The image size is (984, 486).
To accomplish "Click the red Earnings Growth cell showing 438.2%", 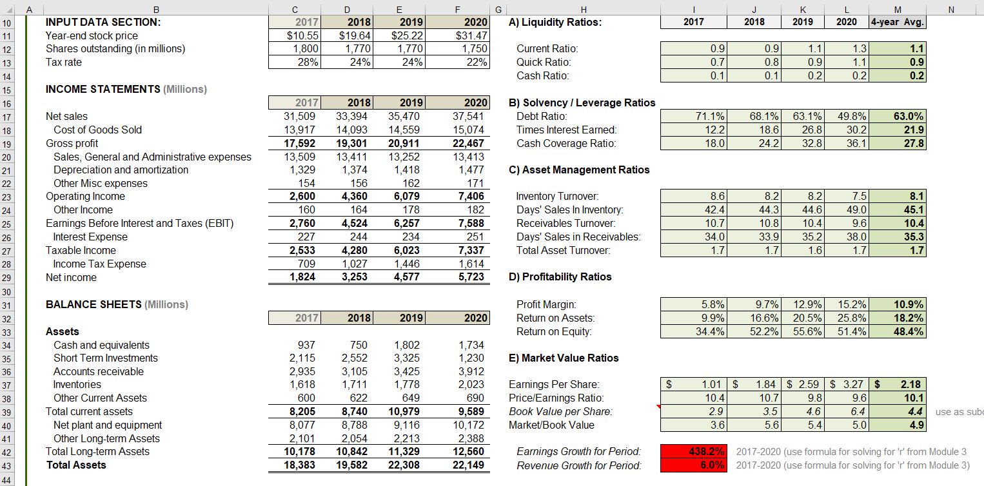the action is click(694, 451).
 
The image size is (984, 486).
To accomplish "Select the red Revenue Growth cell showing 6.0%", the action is click(694, 465).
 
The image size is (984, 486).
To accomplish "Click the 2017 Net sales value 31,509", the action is click(299, 116).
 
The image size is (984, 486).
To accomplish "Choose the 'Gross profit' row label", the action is click(72, 144).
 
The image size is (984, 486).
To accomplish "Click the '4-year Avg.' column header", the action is click(898, 22).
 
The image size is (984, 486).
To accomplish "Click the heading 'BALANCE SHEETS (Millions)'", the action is click(117, 304).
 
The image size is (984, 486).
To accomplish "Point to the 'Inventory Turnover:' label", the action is click(557, 196).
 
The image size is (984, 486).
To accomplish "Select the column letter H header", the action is click(584, 10).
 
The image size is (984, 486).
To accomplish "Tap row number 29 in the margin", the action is click(6, 278).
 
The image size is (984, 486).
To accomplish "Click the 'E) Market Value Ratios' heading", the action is click(564, 358).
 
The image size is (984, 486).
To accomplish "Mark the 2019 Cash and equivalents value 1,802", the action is click(407, 345).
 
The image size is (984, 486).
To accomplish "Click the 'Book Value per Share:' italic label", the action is click(560, 412).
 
